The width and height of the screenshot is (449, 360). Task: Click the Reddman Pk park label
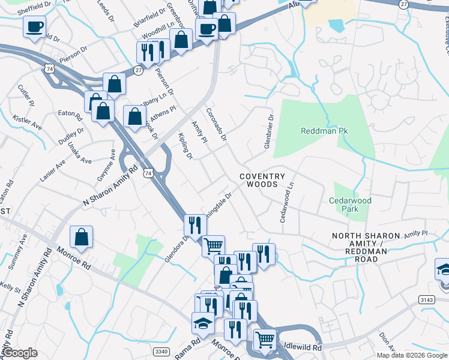click(325, 131)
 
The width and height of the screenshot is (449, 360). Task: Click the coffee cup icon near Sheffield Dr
click(35, 26)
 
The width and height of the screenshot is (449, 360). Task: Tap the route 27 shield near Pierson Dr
click(138, 70)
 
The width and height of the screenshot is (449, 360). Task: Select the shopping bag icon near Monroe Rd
click(81, 237)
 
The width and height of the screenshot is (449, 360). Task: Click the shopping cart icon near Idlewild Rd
click(265, 340)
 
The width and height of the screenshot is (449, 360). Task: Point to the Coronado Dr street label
click(216, 124)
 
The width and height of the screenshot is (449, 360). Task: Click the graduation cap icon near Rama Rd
click(203, 324)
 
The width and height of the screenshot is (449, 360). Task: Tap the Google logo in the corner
click(20, 353)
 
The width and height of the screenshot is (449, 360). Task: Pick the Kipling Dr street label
click(184, 146)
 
